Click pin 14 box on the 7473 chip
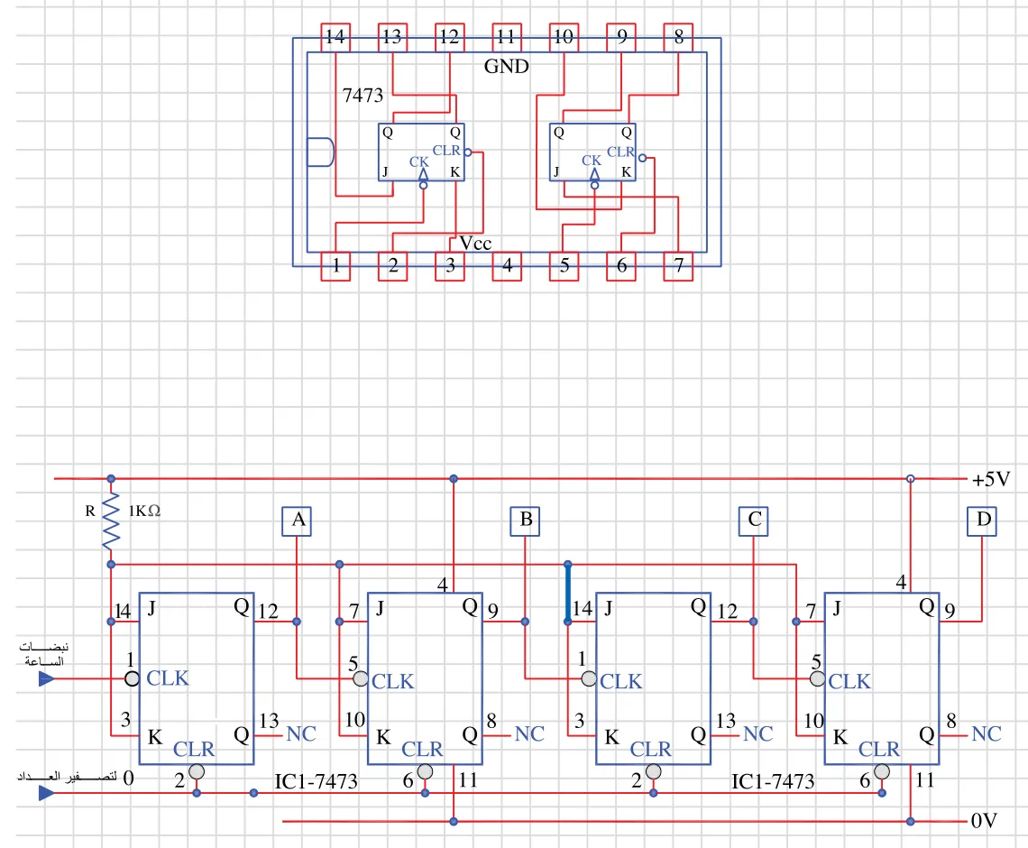[x=335, y=37]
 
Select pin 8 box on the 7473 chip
[x=678, y=37]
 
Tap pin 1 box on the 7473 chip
[x=335, y=266]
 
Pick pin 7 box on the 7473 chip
[x=678, y=266]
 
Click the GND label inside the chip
[x=506, y=66]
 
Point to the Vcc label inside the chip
[x=475, y=244]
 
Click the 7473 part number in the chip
[x=363, y=96]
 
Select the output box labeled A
[x=297, y=521]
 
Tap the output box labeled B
[x=525, y=521]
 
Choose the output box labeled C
[x=753, y=521]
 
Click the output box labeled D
[x=981, y=521]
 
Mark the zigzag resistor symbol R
[x=111, y=521]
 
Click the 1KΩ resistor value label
[x=144, y=511]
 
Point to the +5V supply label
[x=991, y=479]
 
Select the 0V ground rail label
[x=984, y=820]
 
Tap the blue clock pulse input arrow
[x=47, y=678]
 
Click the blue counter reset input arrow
[x=47, y=793]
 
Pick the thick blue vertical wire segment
[x=568, y=593]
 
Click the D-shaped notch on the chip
[x=321, y=152]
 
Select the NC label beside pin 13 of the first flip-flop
[x=301, y=734]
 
